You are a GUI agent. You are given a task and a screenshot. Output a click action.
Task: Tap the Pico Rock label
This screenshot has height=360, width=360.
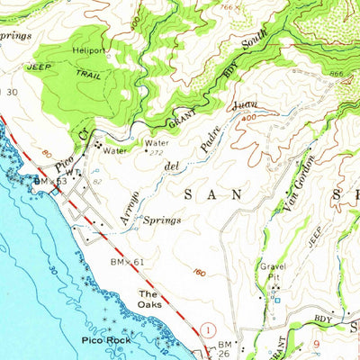[105, 341]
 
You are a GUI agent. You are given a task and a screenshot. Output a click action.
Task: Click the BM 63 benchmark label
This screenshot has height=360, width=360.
[50, 181]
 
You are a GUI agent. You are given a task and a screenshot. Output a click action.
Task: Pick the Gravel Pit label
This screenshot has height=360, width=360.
[274, 272]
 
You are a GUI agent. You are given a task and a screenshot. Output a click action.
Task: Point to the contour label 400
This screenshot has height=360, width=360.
[247, 118]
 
